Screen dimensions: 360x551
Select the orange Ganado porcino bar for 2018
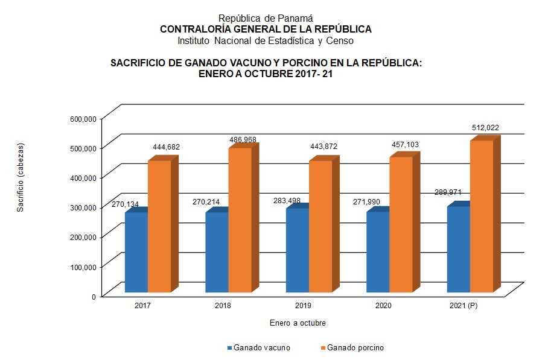coord(240,220)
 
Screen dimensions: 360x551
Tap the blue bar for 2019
coord(297,250)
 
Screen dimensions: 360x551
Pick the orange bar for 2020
coord(401,224)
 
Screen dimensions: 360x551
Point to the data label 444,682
coord(166,147)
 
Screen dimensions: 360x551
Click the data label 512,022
coord(485,127)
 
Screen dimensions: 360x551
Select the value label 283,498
coord(287,200)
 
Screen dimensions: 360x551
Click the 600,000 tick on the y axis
coord(83,119)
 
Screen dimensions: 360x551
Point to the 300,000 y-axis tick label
coord(83,207)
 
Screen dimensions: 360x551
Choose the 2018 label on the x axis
coord(223,306)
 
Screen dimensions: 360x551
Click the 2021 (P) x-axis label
coord(463,306)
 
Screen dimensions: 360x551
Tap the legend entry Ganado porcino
coord(355,347)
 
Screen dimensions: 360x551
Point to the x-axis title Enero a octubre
coord(298,323)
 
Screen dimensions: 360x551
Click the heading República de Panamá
coord(266,18)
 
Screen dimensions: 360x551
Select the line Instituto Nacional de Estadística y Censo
coord(266,41)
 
